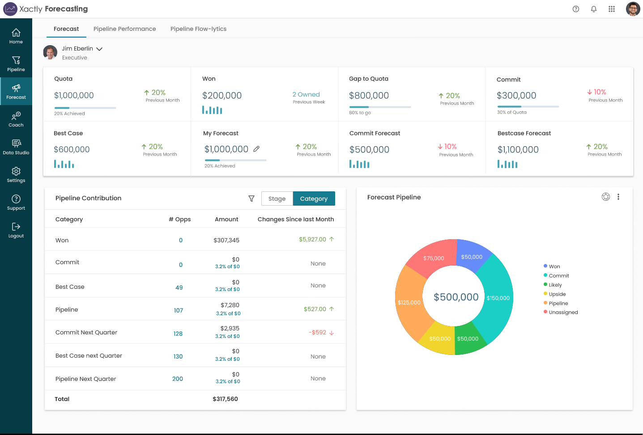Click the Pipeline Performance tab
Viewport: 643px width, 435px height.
click(124, 29)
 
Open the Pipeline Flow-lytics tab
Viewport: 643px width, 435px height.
click(198, 29)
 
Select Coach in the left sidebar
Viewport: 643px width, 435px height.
click(16, 119)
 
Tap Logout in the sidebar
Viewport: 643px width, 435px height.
click(16, 230)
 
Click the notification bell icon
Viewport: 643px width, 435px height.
click(594, 9)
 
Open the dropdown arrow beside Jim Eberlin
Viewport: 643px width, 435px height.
click(99, 49)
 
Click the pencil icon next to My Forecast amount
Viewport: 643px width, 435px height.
click(256, 149)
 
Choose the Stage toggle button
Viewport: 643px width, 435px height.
click(277, 198)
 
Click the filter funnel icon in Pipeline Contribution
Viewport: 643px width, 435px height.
click(251, 198)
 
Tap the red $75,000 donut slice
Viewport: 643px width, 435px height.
click(433, 258)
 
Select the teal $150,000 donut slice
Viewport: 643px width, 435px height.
click(498, 298)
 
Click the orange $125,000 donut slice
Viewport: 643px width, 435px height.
click(409, 302)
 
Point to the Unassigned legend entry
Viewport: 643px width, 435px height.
click(563, 313)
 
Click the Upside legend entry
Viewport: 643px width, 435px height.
click(557, 294)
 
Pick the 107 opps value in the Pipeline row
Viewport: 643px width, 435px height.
click(179, 310)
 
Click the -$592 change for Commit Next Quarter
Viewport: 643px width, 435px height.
click(318, 333)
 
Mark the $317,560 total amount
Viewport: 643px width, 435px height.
click(225, 399)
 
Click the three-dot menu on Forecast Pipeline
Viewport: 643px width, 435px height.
click(618, 197)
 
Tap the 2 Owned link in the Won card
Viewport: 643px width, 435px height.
click(306, 94)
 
